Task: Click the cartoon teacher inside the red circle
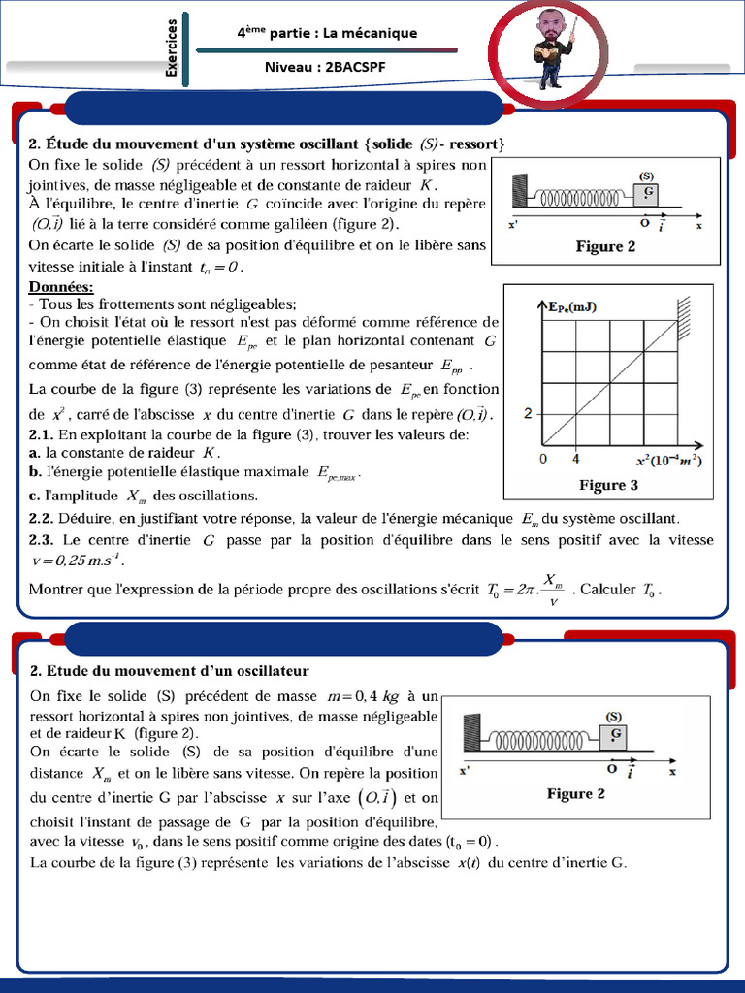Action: (x=552, y=49)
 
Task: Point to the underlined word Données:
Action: (x=61, y=287)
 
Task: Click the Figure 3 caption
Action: (x=608, y=485)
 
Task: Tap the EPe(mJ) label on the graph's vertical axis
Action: (x=572, y=307)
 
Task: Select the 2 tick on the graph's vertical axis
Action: (x=528, y=414)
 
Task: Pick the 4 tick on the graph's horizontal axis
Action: (x=576, y=458)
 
